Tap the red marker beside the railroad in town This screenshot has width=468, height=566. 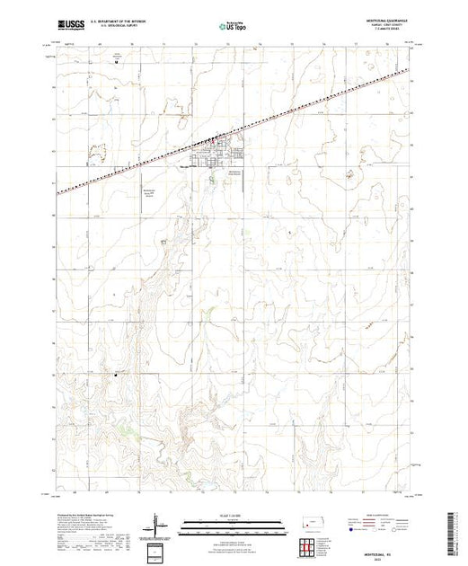[x=212, y=139]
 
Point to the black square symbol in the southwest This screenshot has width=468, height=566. [x=115, y=376]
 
